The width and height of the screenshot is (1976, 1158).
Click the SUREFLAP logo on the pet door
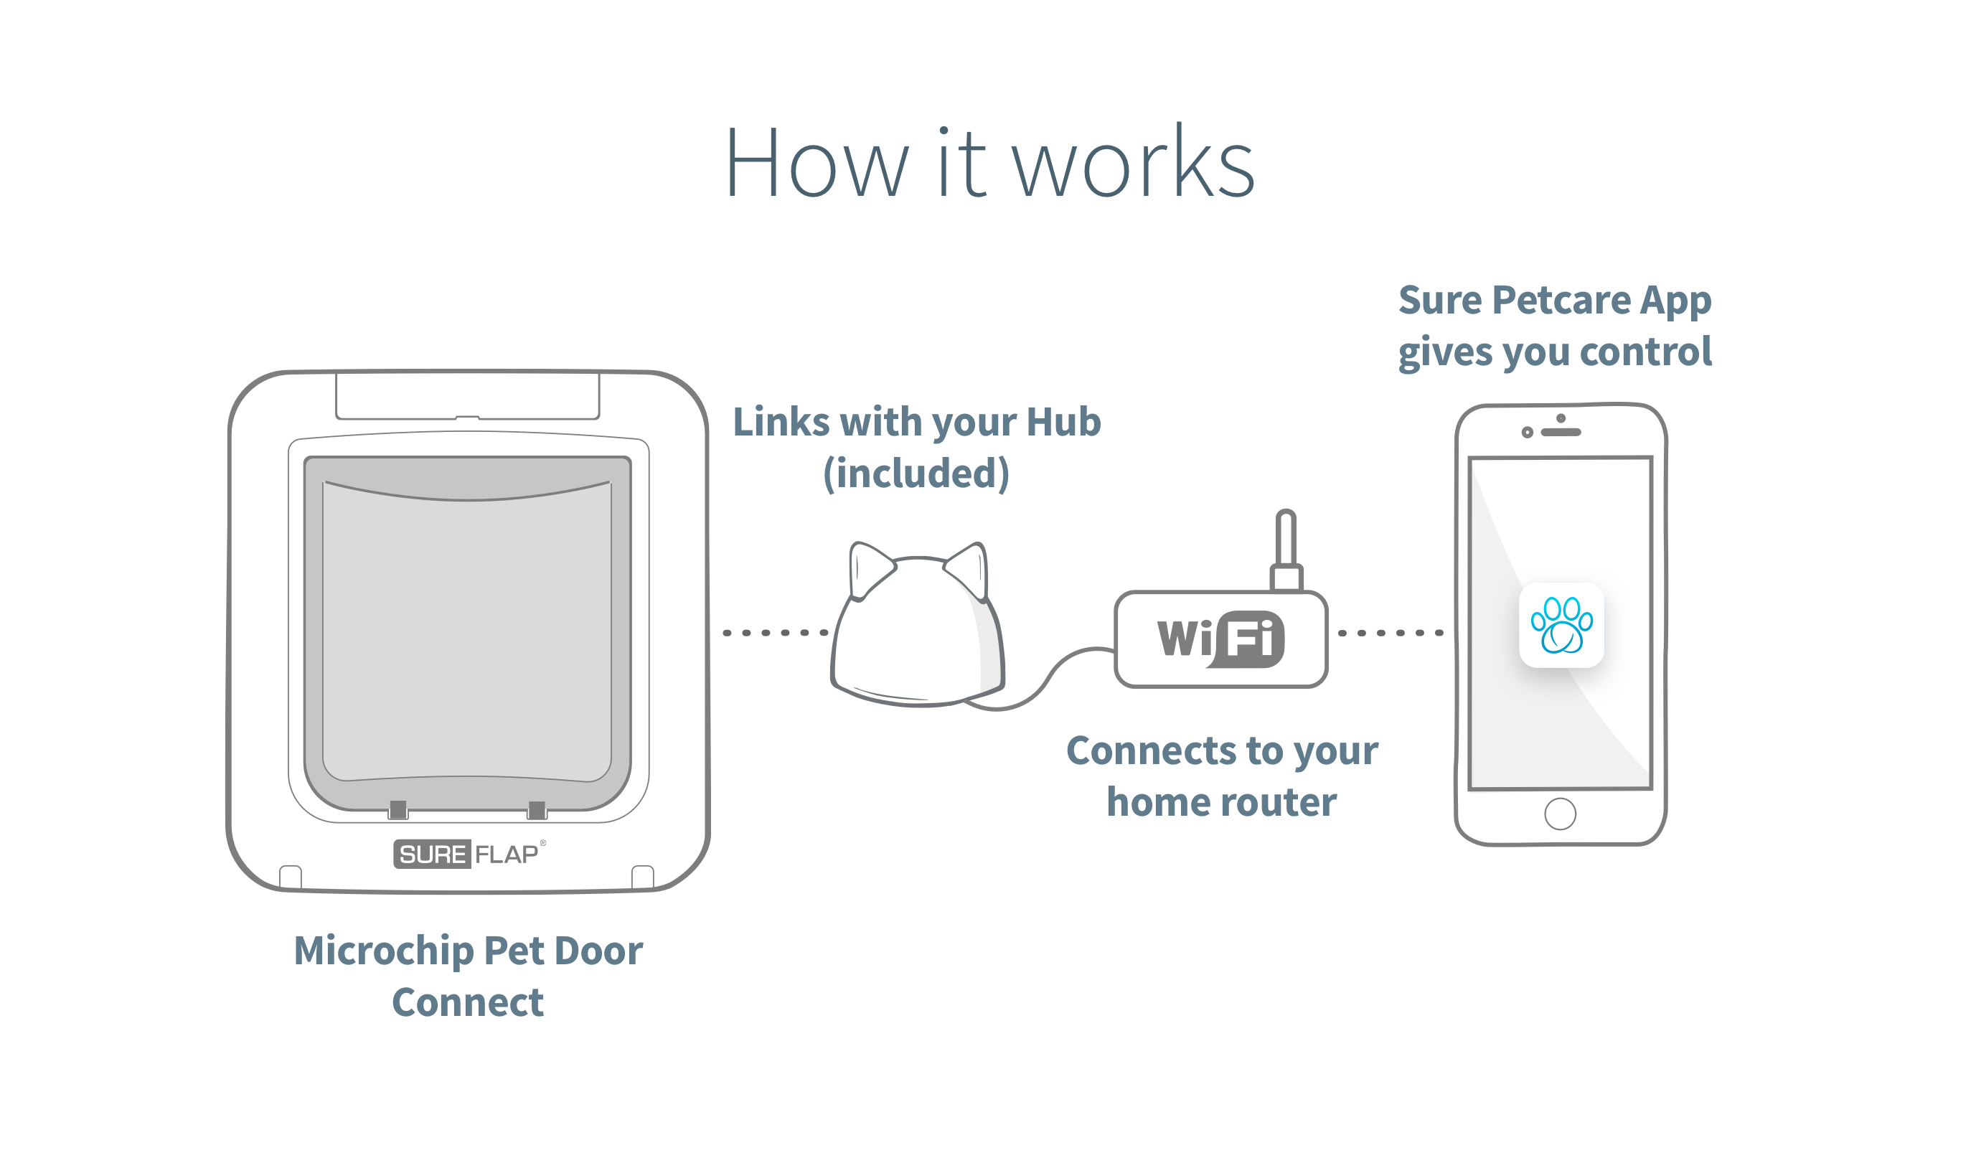468,854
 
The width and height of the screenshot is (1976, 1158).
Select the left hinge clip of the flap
398,810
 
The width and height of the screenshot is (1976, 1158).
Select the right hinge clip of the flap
537,810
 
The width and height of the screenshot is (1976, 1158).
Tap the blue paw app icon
1561,625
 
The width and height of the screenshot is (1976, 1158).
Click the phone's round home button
1560,814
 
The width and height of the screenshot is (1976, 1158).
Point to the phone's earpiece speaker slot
1561,432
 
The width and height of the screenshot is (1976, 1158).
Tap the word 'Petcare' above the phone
1561,301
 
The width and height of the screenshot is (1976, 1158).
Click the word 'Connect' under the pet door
468,1002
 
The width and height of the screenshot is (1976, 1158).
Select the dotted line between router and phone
1391,633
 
